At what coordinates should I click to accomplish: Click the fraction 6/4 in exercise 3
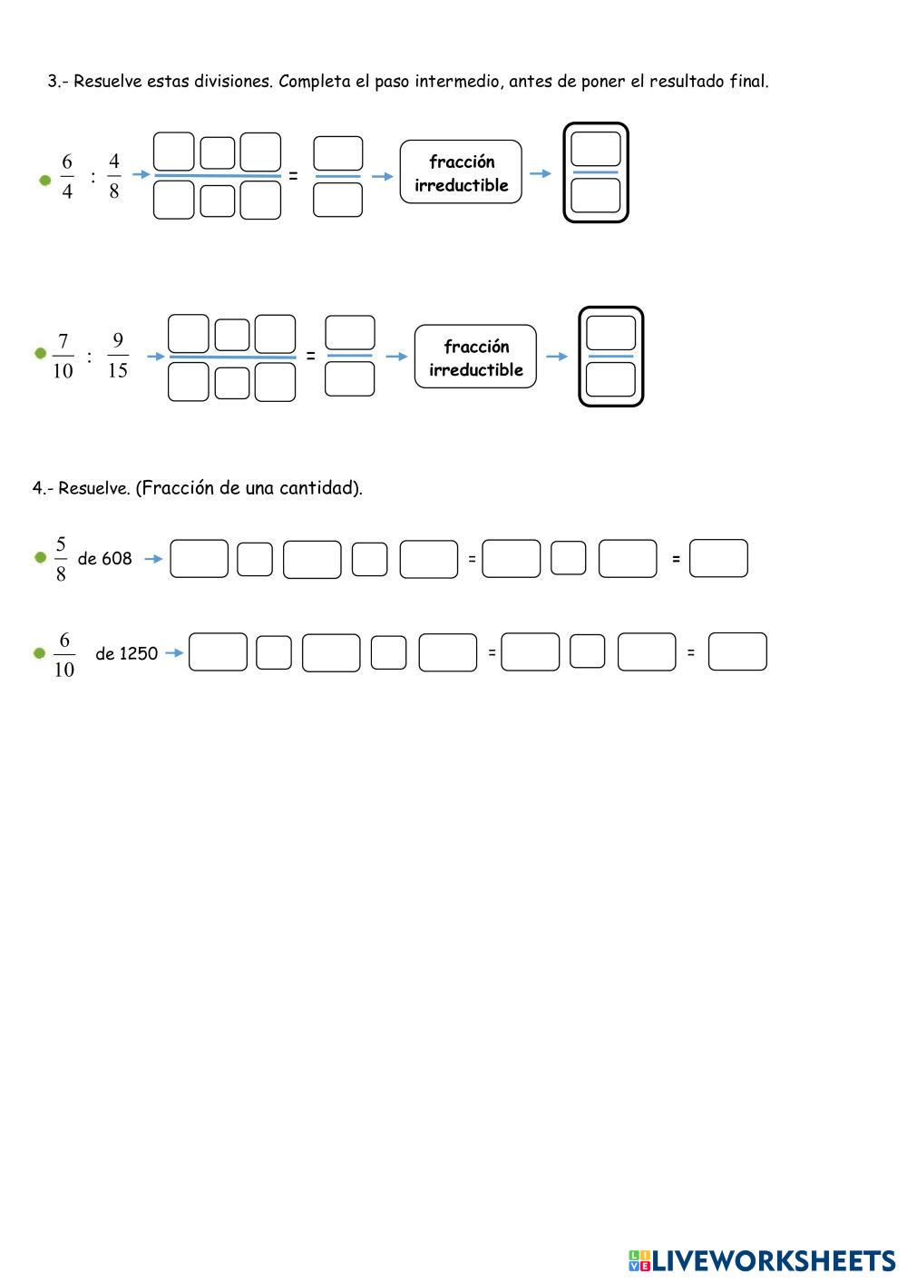tap(67, 176)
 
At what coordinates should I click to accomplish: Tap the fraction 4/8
tap(114, 176)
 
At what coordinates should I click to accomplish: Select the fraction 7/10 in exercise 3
tap(63, 356)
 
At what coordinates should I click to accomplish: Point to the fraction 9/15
tap(118, 356)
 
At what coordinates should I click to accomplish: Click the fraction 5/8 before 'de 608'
tap(61, 559)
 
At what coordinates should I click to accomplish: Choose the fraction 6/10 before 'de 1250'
tap(63, 654)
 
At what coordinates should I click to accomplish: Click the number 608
tap(117, 559)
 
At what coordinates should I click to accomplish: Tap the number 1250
tap(139, 653)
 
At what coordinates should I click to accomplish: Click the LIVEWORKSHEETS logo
tap(762, 1260)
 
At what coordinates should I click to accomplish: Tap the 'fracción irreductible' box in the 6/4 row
tap(461, 172)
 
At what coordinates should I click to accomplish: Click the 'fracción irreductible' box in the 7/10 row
tap(475, 357)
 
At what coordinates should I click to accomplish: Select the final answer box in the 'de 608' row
tap(718, 559)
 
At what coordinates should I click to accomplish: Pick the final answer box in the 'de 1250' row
tap(737, 651)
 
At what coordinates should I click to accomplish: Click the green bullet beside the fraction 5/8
tap(40, 557)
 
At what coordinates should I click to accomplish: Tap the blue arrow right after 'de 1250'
tap(174, 652)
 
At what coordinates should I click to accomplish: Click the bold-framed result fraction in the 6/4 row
tap(596, 172)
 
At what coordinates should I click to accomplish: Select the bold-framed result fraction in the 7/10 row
tap(611, 357)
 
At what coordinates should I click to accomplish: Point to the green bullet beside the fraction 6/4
tap(45, 180)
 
